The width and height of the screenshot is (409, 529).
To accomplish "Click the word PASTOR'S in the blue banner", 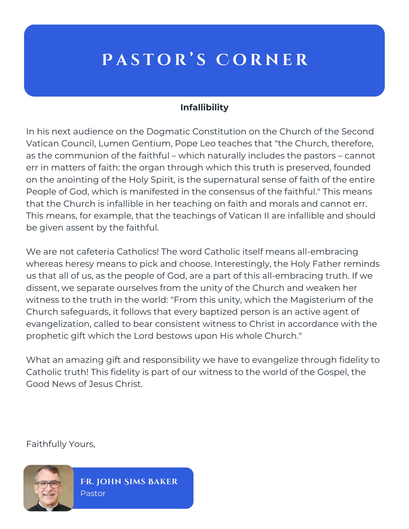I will [x=154, y=60].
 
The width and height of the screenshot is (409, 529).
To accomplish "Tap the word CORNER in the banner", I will [x=262, y=60].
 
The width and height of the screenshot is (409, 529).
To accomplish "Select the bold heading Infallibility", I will [x=204, y=107].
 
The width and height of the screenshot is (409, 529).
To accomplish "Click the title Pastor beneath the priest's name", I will [x=93, y=494].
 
